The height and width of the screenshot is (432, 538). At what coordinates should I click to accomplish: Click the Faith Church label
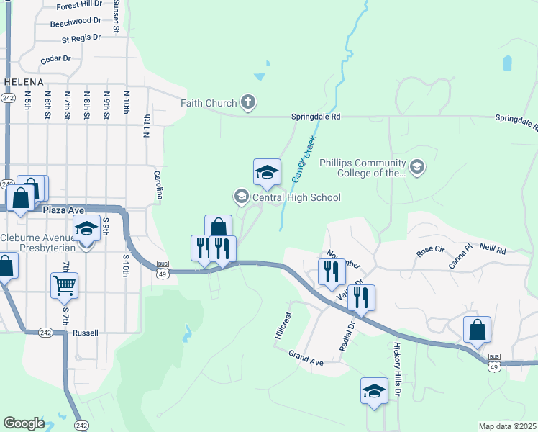pos(209,103)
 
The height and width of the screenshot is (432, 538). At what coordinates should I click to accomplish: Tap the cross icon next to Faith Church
pos(247,102)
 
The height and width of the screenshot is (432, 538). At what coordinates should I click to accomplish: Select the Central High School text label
pos(296,197)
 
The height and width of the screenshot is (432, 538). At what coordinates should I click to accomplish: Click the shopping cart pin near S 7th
pos(65,286)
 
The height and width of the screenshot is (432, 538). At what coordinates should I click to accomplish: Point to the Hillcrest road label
pos(283,325)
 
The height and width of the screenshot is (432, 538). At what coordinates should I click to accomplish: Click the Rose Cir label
pos(431,253)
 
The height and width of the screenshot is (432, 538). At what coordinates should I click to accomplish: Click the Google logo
pos(24,423)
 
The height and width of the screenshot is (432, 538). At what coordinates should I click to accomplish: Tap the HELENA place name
pos(24,82)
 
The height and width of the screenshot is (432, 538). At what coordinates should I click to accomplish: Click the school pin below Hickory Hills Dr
pos(374,391)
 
